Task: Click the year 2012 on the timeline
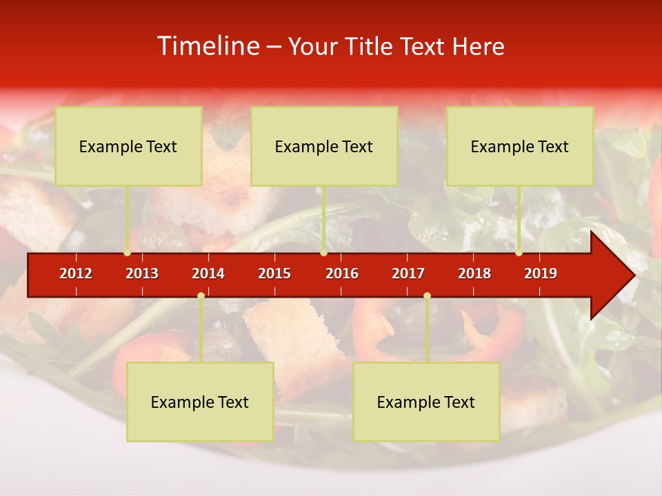click(x=76, y=273)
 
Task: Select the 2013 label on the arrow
click(x=142, y=273)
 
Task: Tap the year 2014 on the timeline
click(x=208, y=273)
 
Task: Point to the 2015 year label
click(x=274, y=273)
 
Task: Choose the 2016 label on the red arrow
click(x=342, y=273)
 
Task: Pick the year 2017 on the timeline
click(x=408, y=273)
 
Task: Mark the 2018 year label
click(x=474, y=273)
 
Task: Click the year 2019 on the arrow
click(x=541, y=273)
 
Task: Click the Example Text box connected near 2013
click(x=128, y=146)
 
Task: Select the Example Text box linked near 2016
click(x=324, y=146)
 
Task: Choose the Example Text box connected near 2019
click(x=520, y=146)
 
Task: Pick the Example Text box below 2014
click(x=200, y=402)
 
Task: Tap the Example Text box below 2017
click(x=426, y=402)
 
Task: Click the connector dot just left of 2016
click(x=324, y=253)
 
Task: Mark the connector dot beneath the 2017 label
click(x=427, y=296)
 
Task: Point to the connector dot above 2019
click(x=519, y=253)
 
